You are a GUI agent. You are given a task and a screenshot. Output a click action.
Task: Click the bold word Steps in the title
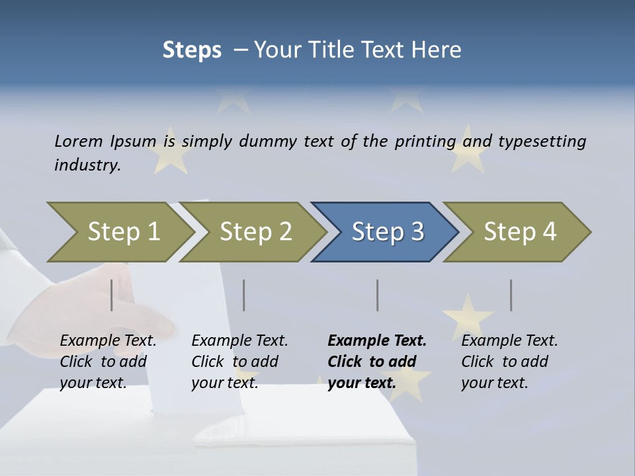pos(192,50)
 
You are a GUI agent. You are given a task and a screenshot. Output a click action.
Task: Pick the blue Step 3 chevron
pos(388,232)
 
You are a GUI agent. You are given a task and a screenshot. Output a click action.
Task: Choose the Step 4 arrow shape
pos(520,232)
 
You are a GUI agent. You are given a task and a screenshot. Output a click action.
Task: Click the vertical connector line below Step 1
pos(112,295)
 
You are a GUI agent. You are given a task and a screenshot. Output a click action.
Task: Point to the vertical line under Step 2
pos(244,295)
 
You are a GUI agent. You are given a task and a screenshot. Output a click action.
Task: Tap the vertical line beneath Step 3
pos(378,295)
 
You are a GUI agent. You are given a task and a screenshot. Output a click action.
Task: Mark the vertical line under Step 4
pos(511,295)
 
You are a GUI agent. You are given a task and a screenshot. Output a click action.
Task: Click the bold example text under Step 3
pos(377,362)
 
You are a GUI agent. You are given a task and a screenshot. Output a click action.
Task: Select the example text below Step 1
pos(108,362)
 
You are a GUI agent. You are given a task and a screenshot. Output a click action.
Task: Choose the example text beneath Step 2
pos(239,362)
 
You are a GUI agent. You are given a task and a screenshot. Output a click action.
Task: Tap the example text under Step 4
pos(509,362)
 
